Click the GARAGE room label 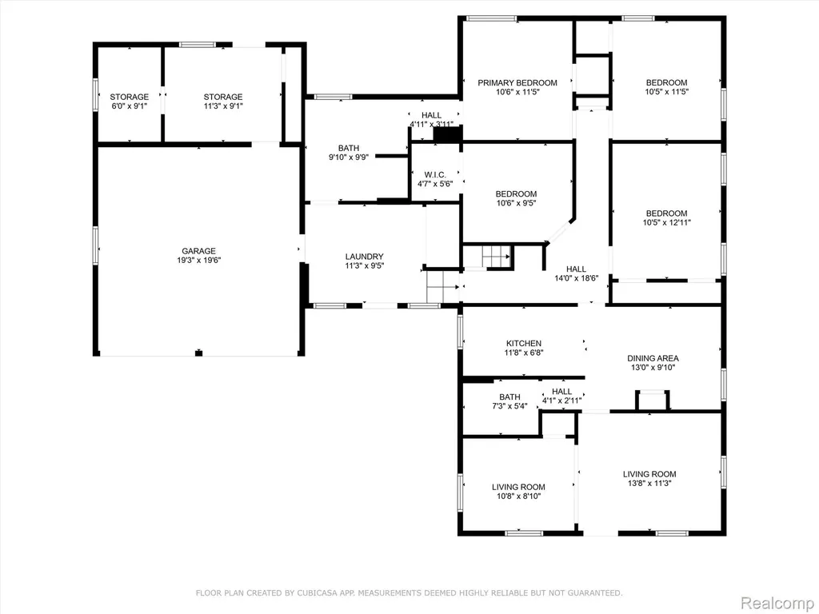[198, 251]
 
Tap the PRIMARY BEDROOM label [517, 82]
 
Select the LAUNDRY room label [364, 257]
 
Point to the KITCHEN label [523, 343]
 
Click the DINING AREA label [653, 358]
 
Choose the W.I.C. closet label [435, 174]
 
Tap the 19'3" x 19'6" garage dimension [198, 260]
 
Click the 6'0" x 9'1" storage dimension [129, 106]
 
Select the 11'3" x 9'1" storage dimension [223, 106]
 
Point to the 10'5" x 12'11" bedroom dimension [666, 222]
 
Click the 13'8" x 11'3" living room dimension [649, 484]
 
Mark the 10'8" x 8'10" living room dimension [518, 496]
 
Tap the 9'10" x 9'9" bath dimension [349, 157]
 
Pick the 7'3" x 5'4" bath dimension [509, 406]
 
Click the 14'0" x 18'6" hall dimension [576, 278]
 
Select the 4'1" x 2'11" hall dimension [561, 401]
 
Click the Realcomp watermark [776, 603]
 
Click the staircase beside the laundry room [443, 287]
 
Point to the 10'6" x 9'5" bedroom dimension [516, 203]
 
